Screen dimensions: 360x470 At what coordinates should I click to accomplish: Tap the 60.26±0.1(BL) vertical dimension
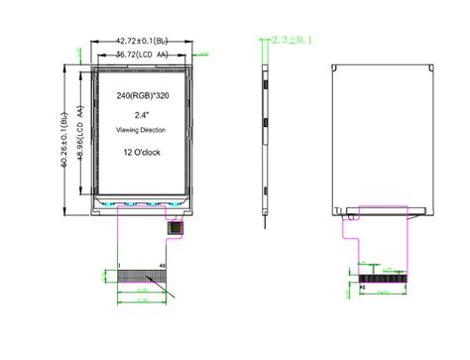65,138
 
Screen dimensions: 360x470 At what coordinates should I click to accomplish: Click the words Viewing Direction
142,131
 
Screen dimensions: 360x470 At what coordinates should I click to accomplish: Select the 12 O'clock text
142,152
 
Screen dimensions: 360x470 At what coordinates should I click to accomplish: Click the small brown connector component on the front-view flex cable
175,227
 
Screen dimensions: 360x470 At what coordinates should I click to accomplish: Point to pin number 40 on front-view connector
162,264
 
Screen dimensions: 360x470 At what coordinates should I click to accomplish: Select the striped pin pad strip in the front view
140,273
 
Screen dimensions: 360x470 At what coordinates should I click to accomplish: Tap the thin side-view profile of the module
266,139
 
